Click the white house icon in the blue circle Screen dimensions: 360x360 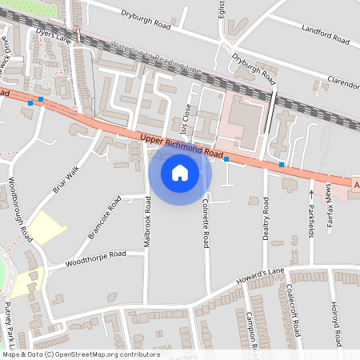tap(180, 172)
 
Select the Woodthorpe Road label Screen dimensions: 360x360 tap(96, 257)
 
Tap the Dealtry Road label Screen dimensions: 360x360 tap(263, 218)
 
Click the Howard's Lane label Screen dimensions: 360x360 tap(261, 277)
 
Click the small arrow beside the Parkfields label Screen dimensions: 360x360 tap(311, 193)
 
